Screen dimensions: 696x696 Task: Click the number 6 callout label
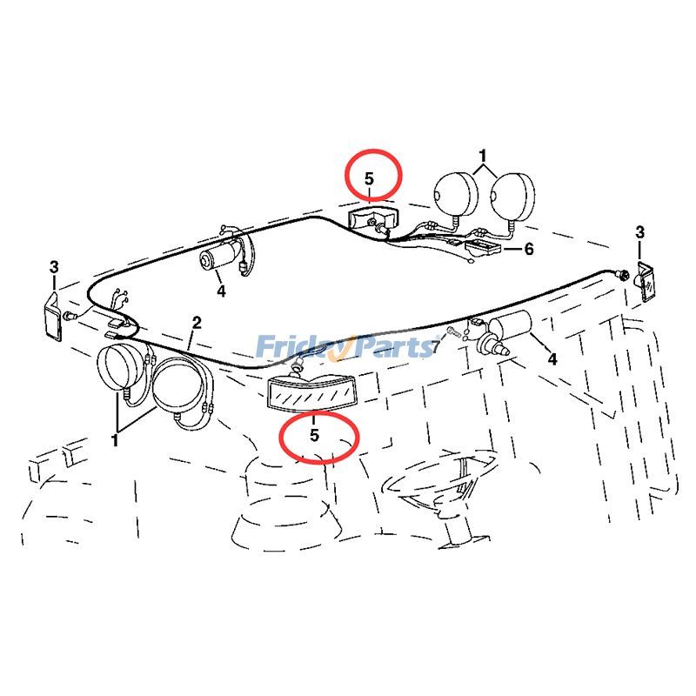[528, 249]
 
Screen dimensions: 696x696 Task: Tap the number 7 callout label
[436, 348]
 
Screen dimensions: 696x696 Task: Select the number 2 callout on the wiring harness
[197, 323]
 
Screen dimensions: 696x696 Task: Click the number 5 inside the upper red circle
[369, 178]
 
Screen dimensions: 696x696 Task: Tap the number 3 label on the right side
[640, 232]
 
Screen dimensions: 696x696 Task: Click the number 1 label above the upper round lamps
[484, 157]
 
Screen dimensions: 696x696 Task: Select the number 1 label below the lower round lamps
[115, 440]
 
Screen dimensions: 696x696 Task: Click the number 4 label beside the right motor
[551, 358]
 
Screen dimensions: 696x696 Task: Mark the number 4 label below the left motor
[221, 291]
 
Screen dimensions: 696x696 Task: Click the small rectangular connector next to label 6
[480, 249]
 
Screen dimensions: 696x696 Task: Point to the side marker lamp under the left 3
[51, 318]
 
